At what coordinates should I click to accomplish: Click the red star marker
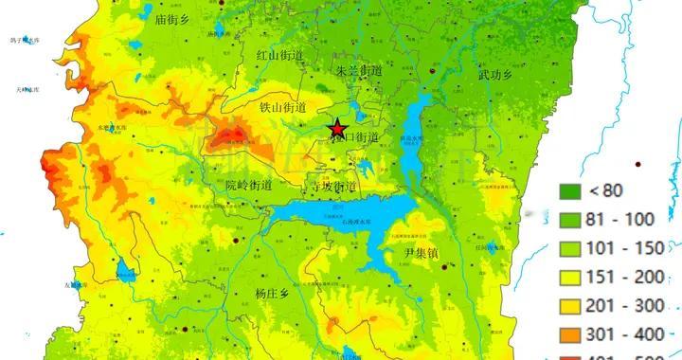pyautogui.click(x=337, y=129)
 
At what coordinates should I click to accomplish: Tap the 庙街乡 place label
pyautogui.click(x=174, y=18)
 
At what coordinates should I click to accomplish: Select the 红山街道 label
pyautogui.click(x=280, y=56)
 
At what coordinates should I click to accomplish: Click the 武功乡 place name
pyautogui.click(x=496, y=74)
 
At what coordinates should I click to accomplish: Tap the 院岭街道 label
pyautogui.click(x=249, y=185)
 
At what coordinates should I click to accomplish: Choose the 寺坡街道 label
pyautogui.click(x=334, y=187)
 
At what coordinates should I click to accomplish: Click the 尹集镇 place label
pyautogui.click(x=422, y=253)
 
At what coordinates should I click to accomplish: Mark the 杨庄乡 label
pyautogui.click(x=278, y=293)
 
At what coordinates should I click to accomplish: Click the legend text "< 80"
pyautogui.click(x=605, y=190)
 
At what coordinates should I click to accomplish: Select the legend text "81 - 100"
pyautogui.click(x=621, y=219)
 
